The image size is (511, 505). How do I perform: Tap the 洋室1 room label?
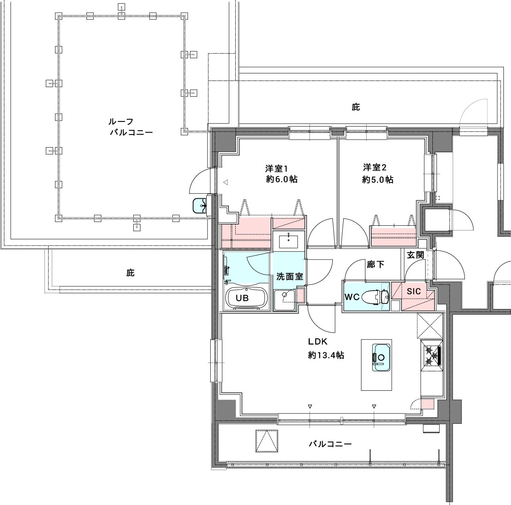click(x=277, y=167)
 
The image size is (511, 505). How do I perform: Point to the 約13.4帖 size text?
click(x=326, y=355)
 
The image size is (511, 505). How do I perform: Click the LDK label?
click(x=317, y=342)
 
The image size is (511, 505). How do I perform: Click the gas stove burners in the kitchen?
click(x=432, y=355)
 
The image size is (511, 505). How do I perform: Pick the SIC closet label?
click(x=413, y=291)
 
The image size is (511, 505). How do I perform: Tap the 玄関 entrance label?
click(x=415, y=255)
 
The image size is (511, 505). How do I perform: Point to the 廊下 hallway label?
click(x=375, y=264)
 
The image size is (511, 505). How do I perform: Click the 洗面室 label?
click(x=290, y=277)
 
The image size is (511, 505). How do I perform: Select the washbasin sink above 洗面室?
click(x=288, y=240)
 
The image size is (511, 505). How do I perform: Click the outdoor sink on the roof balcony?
click(x=200, y=205)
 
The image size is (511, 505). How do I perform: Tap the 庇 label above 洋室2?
click(x=355, y=107)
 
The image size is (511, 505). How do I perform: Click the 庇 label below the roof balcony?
click(x=131, y=273)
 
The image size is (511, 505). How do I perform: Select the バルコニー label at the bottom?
click(x=330, y=444)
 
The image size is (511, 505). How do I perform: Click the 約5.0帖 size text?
click(x=378, y=180)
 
